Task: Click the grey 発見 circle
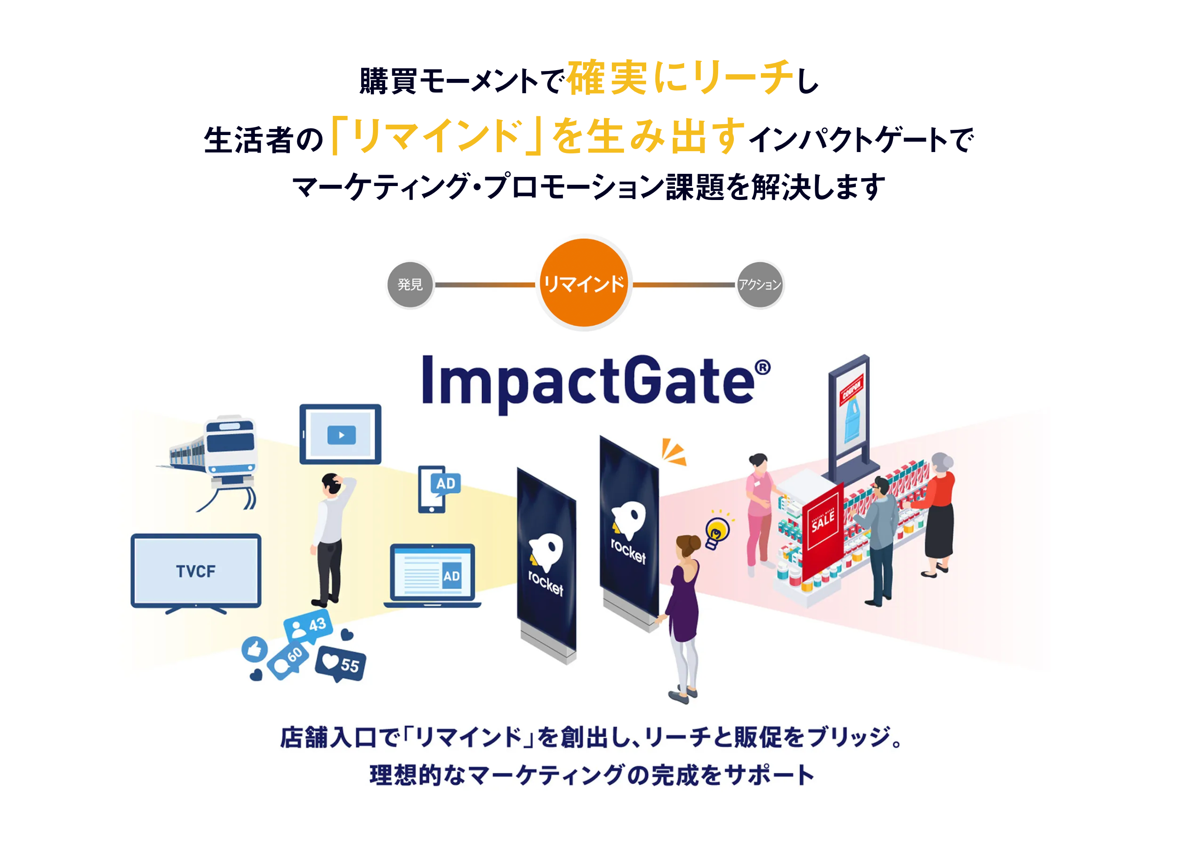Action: pyautogui.click(x=410, y=285)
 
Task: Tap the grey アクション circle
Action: pyautogui.click(x=760, y=285)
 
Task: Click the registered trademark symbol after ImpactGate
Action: pyautogui.click(x=762, y=368)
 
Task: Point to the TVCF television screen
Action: pyautogui.click(x=196, y=571)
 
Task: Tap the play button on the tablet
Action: pyautogui.click(x=341, y=435)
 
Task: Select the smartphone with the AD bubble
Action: pyautogui.click(x=437, y=489)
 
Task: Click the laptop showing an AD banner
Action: pyautogui.click(x=432, y=576)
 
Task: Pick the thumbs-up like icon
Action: pyautogui.click(x=254, y=649)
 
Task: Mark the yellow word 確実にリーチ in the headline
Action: pyautogui.click(x=680, y=78)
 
